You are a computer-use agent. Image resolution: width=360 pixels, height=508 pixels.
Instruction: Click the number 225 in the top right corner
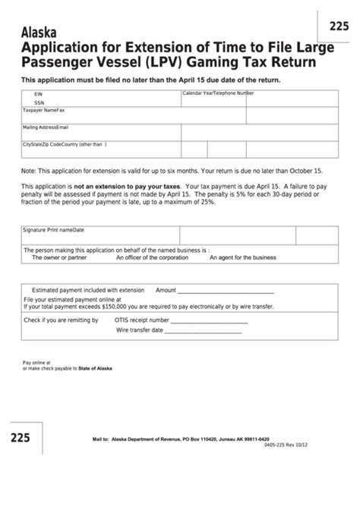click(x=339, y=27)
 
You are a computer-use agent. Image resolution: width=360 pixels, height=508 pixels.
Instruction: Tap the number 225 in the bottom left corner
click(x=21, y=439)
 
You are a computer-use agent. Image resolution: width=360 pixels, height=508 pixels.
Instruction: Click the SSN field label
click(x=39, y=102)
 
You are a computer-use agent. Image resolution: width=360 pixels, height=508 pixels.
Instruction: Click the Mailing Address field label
click(x=42, y=126)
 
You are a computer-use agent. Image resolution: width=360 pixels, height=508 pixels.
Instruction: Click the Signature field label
click(x=36, y=229)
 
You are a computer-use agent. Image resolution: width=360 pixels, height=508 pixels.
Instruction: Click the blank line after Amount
click(x=225, y=292)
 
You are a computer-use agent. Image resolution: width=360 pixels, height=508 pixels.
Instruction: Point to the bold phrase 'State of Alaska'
click(x=95, y=368)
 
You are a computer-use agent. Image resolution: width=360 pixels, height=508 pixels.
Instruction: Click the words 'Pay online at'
click(x=35, y=363)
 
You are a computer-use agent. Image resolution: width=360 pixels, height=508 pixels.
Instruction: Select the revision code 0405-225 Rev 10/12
click(x=318, y=445)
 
